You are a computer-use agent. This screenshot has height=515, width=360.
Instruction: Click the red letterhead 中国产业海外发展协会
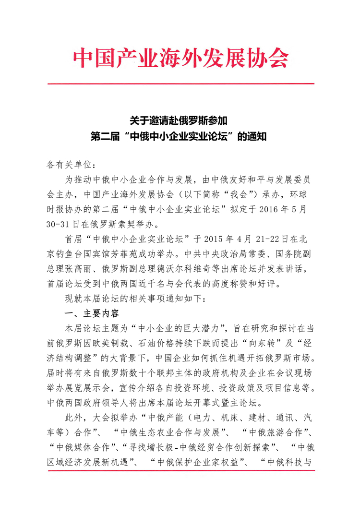pyautogui.click(x=181, y=59)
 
